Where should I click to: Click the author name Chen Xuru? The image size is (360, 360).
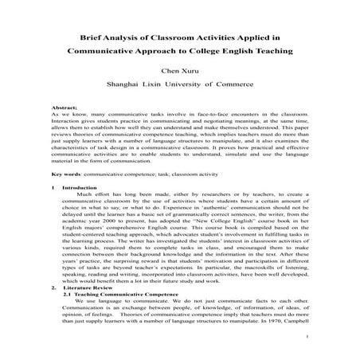(x=179, y=69)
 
